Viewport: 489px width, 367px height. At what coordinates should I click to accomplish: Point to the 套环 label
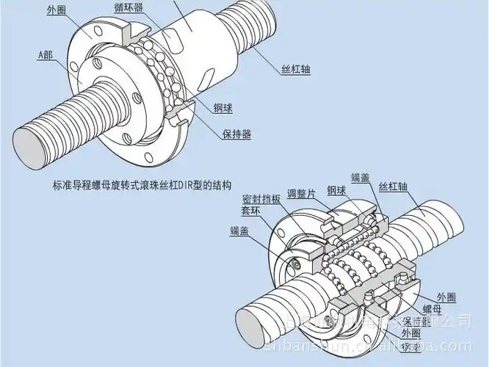(x=253, y=210)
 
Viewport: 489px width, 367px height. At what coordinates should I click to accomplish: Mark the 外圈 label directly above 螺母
(x=446, y=297)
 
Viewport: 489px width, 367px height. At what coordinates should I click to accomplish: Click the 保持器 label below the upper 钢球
(x=236, y=134)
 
